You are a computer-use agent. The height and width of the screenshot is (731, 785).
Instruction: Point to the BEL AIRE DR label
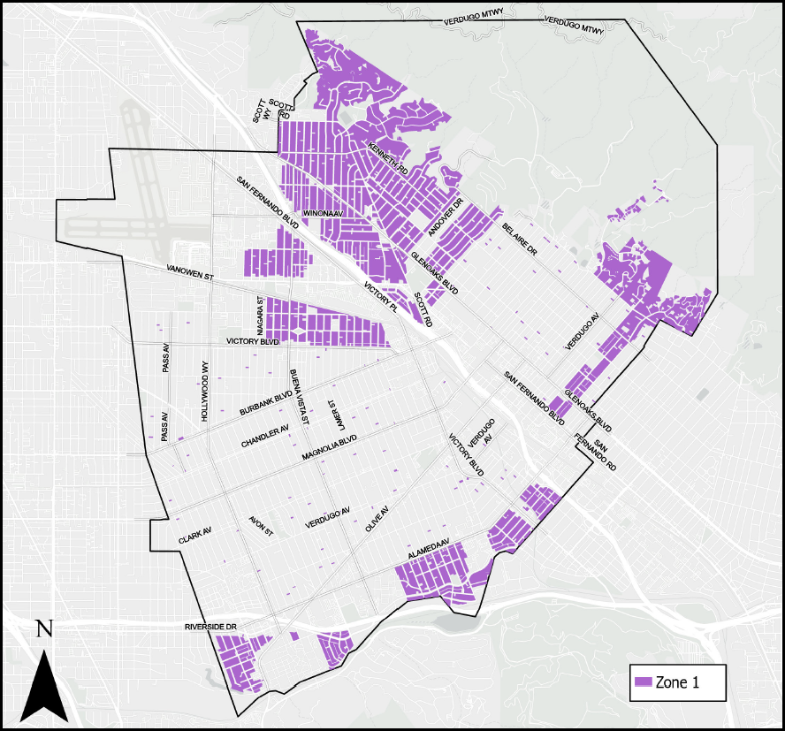tap(520, 240)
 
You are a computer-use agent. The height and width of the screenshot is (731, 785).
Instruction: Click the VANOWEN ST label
tap(189, 273)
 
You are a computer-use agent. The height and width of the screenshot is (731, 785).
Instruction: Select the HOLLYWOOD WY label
tap(204, 391)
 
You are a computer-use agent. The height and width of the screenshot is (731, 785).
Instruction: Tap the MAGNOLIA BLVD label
tap(329, 448)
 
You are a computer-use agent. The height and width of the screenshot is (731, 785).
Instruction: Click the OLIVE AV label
tap(377, 518)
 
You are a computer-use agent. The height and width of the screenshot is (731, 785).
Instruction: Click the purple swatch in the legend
tap(644, 682)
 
